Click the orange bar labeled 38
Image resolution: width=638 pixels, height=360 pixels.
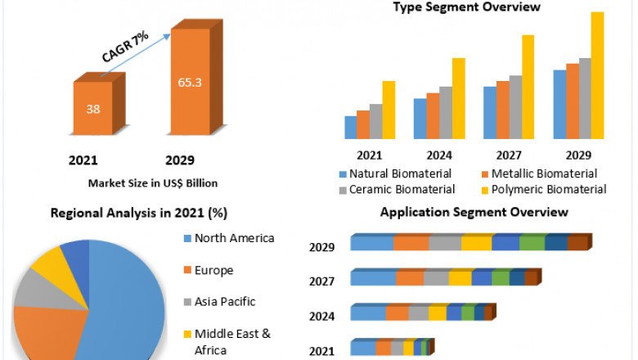93,108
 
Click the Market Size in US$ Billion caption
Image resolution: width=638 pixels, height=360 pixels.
153,183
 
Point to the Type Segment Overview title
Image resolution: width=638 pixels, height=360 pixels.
466,7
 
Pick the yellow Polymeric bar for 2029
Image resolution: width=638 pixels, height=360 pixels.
597,75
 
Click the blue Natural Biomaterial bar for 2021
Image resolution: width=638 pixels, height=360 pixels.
351,128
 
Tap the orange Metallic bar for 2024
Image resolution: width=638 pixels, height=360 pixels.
433,115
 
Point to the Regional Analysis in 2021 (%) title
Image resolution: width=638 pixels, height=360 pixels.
139,213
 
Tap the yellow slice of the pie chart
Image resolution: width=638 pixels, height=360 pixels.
47,261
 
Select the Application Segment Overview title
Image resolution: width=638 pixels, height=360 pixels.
474,212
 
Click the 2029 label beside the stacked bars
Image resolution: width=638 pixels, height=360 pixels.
321,247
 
